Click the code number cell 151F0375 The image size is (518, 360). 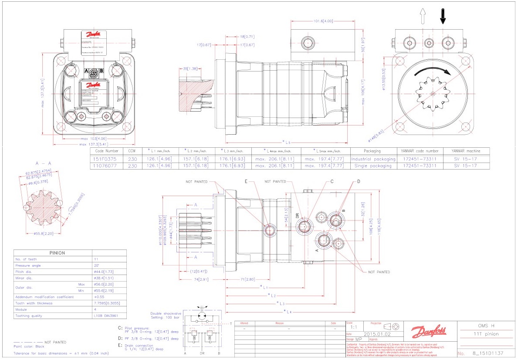pyautogui.click(x=103, y=159)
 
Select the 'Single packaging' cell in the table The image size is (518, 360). pyautogui.click(x=373, y=166)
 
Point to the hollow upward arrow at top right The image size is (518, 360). pyautogui.click(x=422, y=16)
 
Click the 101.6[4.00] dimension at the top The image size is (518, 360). pyautogui.click(x=323, y=21)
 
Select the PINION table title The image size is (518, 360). pyautogui.click(x=57, y=253)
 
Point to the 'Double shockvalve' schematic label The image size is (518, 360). pyautogui.click(x=165, y=313)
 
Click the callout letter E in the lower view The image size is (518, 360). pyautogui.click(x=246, y=182)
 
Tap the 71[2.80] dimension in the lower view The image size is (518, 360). pyautogui.click(x=247, y=279)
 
